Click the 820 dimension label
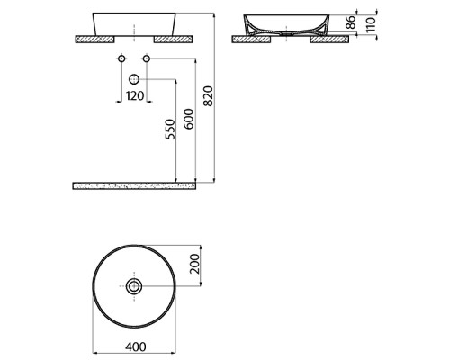[x=208, y=96]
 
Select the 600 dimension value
[x=188, y=119]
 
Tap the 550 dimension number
[x=169, y=130]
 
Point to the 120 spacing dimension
[x=135, y=96]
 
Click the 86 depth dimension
[x=351, y=22]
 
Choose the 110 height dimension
[x=371, y=25]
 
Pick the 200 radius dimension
[x=194, y=264]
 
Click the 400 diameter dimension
[x=136, y=346]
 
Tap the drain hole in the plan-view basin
[x=134, y=286]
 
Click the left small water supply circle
[x=121, y=58]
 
